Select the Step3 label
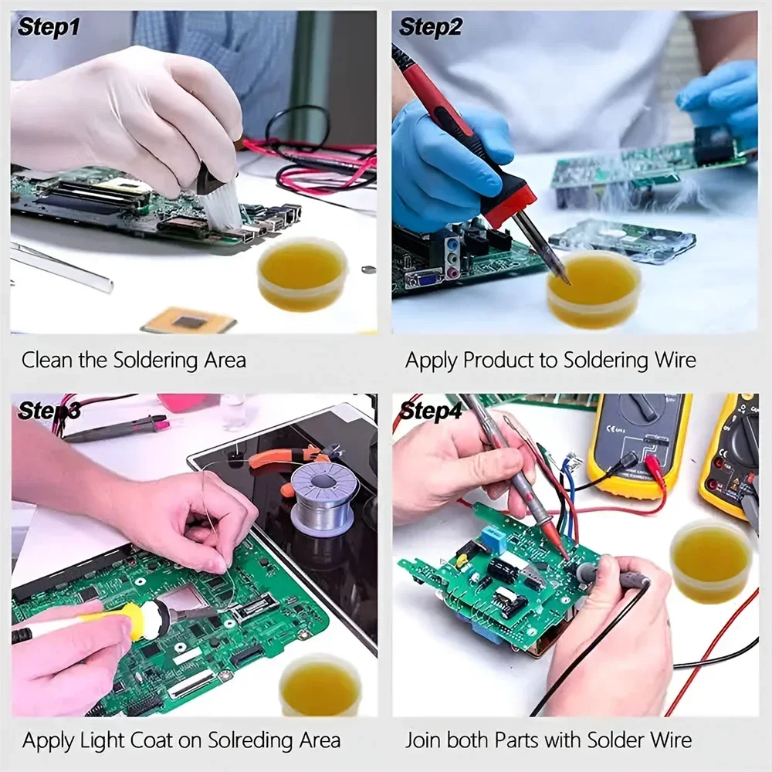[x=49, y=410]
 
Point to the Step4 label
[x=430, y=410]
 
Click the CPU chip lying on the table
[x=188, y=320]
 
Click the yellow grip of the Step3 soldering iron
[x=139, y=620]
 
